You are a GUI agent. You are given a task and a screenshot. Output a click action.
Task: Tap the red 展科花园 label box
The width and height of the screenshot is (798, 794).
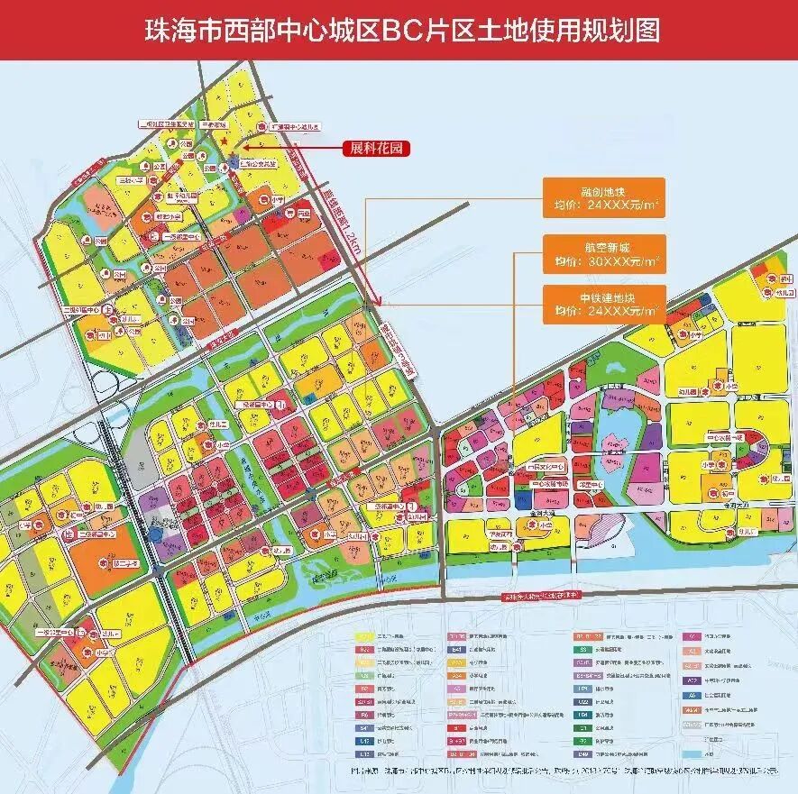coord(375,149)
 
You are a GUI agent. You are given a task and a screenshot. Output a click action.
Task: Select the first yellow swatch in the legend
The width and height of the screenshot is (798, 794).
coord(364,635)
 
